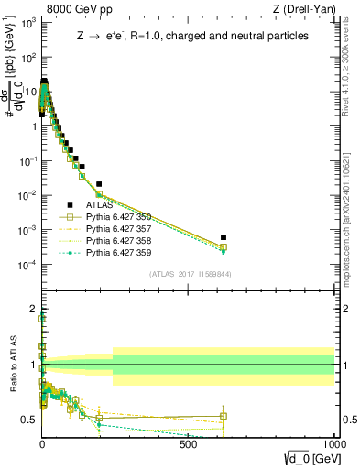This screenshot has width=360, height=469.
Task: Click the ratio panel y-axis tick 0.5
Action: [30, 420]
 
